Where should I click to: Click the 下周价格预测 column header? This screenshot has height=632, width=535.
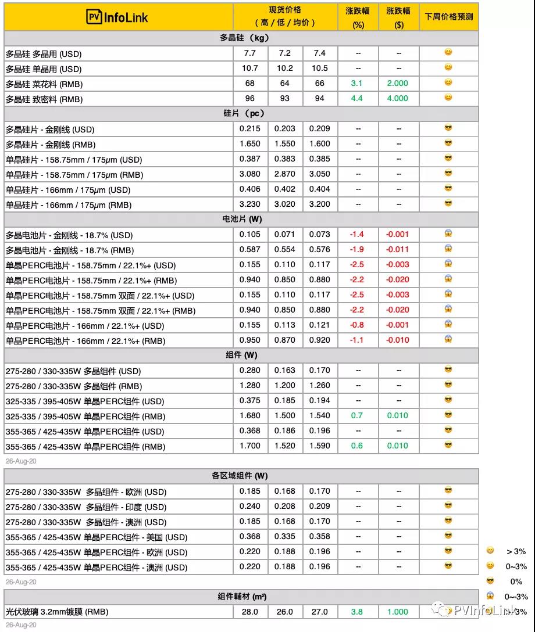[x=448, y=17]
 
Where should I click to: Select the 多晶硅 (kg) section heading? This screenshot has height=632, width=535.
[x=241, y=38]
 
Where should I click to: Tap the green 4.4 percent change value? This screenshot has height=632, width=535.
[x=356, y=98]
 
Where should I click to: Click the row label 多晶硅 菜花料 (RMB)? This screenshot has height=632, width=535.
[x=44, y=84]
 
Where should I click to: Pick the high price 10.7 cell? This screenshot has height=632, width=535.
[x=250, y=68]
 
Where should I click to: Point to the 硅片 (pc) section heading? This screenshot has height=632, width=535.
[x=241, y=113]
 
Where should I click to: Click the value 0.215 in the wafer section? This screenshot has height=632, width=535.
[x=250, y=128]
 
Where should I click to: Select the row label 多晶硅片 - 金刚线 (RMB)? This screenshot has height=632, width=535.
[x=51, y=144]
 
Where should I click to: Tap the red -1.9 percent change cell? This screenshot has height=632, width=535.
[x=356, y=249]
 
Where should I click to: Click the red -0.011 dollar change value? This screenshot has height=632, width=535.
[x=398, y=249]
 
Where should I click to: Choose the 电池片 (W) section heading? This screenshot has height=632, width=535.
[x=241, y=219]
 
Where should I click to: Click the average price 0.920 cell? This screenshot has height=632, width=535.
[x=319, y=340]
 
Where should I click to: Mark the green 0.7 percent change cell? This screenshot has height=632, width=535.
[x=356, y=415]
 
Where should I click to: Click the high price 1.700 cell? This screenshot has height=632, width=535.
[x=250, y=446]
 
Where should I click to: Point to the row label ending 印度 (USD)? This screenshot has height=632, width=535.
[x=86, y=507]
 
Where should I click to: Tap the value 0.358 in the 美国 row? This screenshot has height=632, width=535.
[x=319, y=536]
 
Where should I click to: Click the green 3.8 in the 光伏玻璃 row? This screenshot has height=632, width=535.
[x=356, y=611]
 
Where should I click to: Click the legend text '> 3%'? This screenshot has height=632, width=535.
[x=516, y=551]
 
